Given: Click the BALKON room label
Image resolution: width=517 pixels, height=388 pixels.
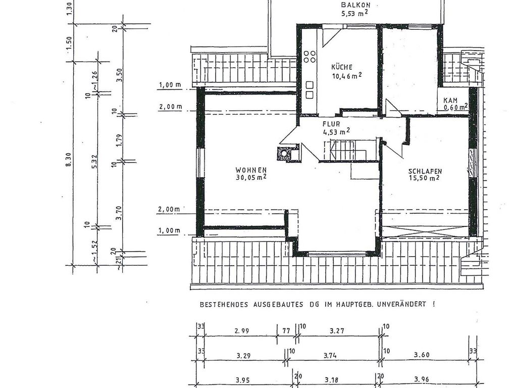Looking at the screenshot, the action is click(x=355, y=5).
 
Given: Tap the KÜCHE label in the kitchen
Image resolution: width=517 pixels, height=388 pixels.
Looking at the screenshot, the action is click(x=342, y=67).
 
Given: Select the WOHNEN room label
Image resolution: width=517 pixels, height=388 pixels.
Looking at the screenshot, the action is click(x=251, y=170).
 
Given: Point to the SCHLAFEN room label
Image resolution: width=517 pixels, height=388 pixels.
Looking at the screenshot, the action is click(x=425, y=172).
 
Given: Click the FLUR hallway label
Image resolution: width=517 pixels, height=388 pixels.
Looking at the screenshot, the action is click(x=331, y=124).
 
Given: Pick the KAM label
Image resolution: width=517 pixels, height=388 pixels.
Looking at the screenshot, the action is click(x=450, y=100).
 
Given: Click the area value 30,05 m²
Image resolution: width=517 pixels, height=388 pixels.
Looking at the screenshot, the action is click(x=250, y=178).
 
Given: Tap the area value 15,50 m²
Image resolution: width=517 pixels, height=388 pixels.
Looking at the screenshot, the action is click(x=424, y=178).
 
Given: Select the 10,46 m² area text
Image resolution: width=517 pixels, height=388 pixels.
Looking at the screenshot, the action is click(x=346, y=76).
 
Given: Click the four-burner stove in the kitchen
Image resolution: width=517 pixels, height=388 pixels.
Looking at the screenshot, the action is click(x=309, y=57).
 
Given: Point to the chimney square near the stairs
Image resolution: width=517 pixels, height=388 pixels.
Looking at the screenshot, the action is click(x=283, y=154).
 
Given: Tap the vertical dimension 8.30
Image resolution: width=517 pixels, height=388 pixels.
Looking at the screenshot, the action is click(x=69, y=160).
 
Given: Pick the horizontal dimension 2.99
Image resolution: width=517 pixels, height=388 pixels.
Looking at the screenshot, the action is click(x=241, y=331).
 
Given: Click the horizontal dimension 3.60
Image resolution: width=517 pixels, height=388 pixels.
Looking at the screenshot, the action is click(x=422, y=355).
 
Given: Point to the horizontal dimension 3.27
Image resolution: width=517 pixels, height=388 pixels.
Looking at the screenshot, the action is click(x=337, y=330).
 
